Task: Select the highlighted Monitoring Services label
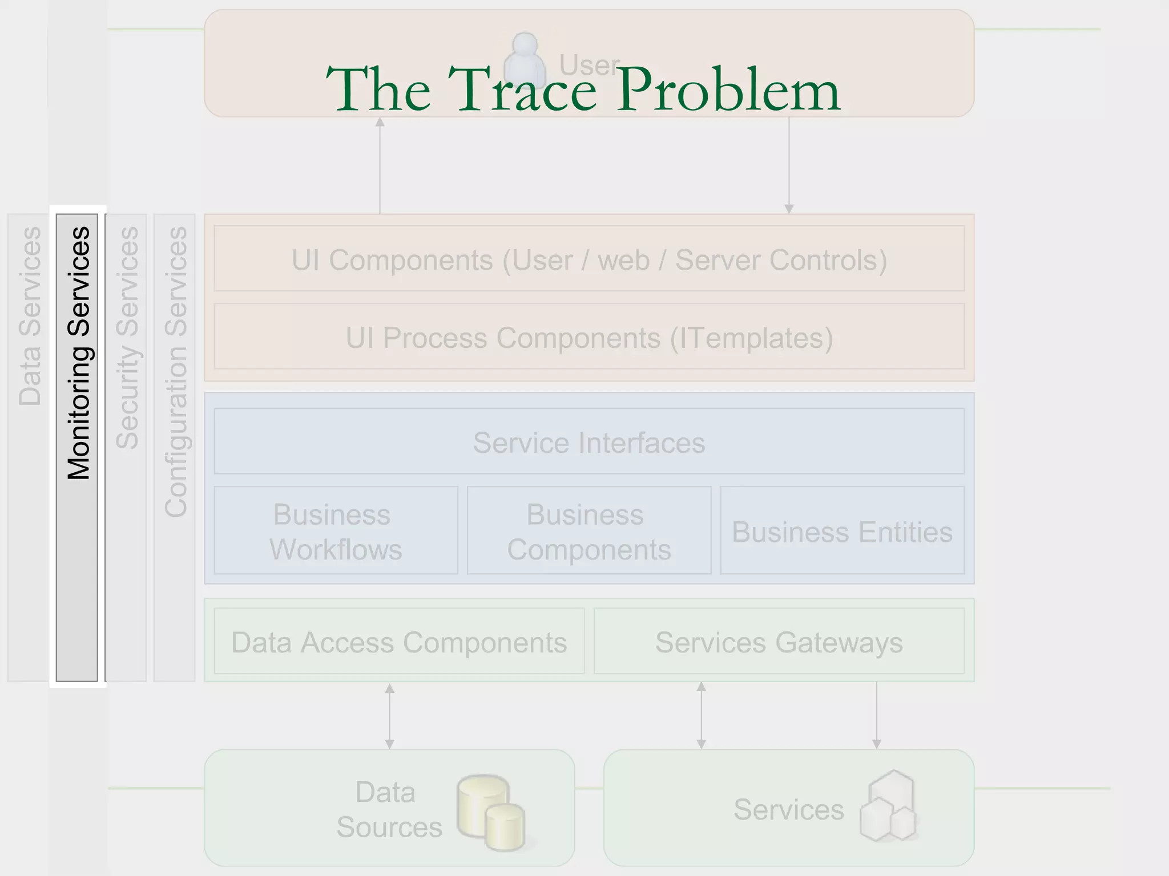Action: tap(79, 353)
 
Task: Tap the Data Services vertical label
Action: tap(30, 317)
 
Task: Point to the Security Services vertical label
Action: tap(127, 338)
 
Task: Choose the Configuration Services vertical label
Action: tap(175, 372)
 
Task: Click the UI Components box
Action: tap(589, 259)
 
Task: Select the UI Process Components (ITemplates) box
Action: tap(589, 337)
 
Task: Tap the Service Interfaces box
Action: tap(589, 442)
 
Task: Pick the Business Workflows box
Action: tap(336, 531)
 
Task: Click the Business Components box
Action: tap(589, 531)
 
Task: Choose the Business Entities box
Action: tap(843, 531)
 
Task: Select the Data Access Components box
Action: tap(399, 642)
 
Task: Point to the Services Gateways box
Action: tap(779, 642)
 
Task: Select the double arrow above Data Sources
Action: tap(390, 716)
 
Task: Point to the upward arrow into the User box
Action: tap(380, 165)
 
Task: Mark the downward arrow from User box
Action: tap(789, 165)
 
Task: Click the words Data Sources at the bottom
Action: tap(388, 809)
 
